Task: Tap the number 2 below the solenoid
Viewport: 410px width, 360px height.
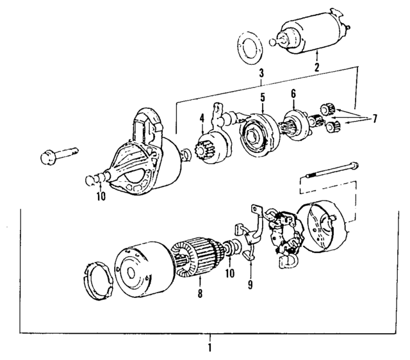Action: tap(316, 65)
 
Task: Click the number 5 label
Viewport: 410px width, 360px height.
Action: tap(262, 97)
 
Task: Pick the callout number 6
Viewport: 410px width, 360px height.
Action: tap(293, 94)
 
